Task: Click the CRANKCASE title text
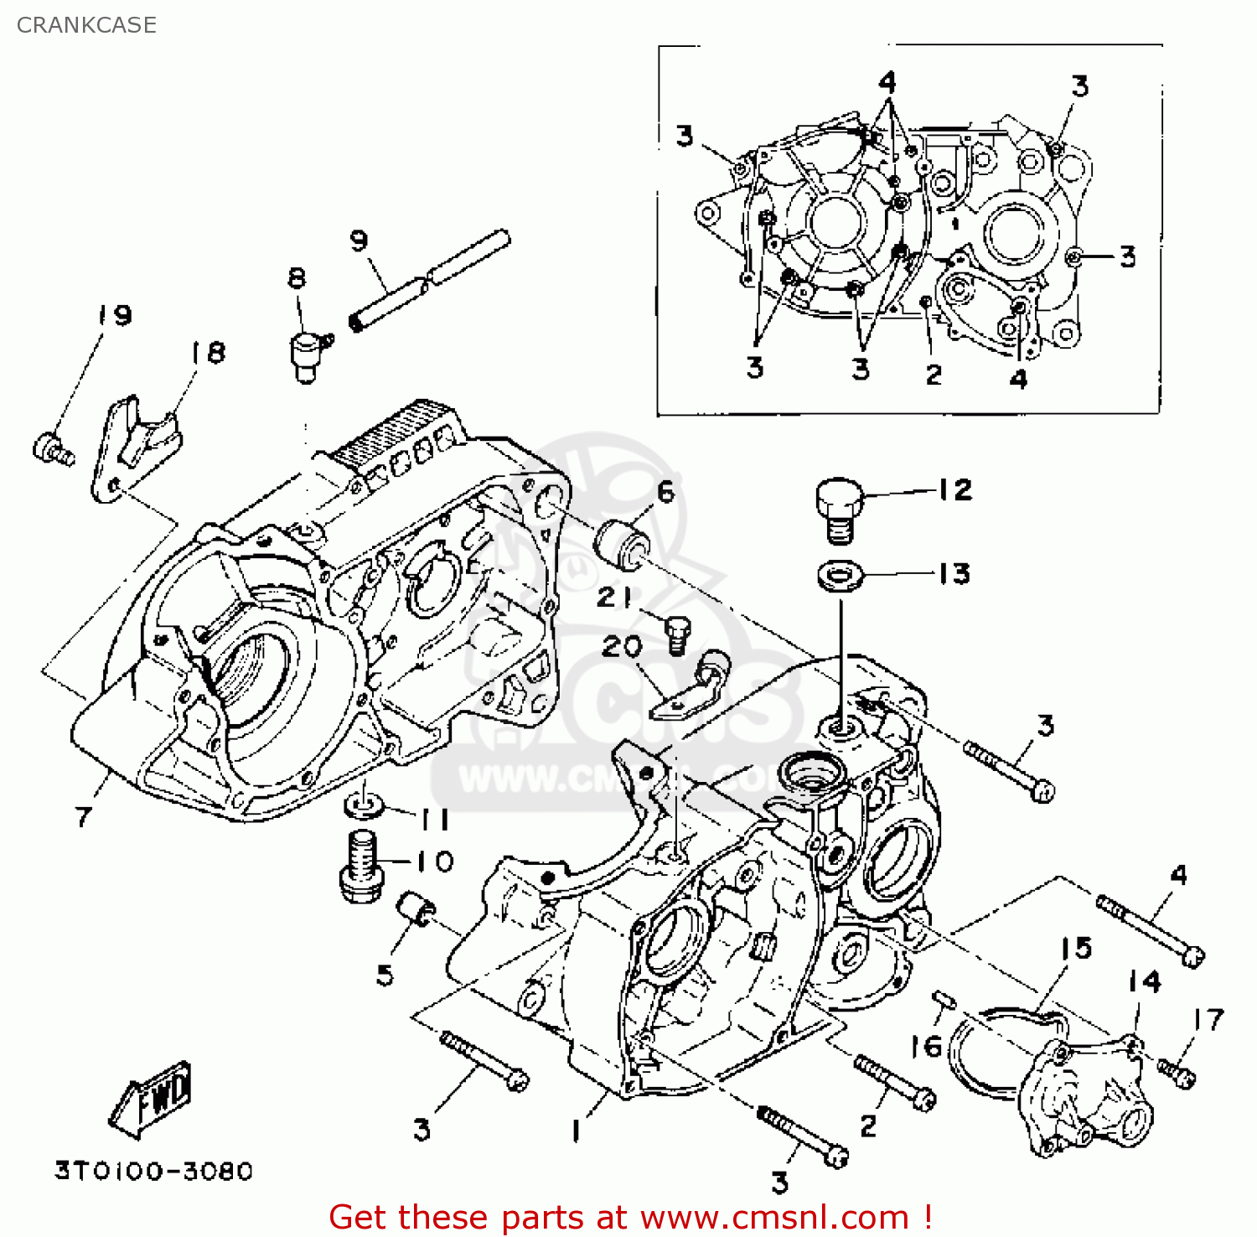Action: click(x=86, y=25)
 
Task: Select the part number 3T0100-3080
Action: click(x=154, y=1171)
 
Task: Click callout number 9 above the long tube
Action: click(x=359, y=241)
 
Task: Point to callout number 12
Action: click(x=954, y=489)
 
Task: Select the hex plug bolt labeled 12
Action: click(x=839, y=510)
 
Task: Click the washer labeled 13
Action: click(x=841, y=576)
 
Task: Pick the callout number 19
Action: click(x=115, y=315)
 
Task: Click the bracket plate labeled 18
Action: click(x=134, y=448)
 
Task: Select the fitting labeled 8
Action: click(x=307, y=355)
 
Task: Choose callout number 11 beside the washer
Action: click(x=435, y=820)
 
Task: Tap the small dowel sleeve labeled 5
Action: click(x=414, y=909)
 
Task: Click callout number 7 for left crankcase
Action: click(x=82, y=816)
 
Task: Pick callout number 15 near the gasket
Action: click(x=1076, y=948)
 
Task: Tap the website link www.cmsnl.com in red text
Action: click(x=775, y=1217)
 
